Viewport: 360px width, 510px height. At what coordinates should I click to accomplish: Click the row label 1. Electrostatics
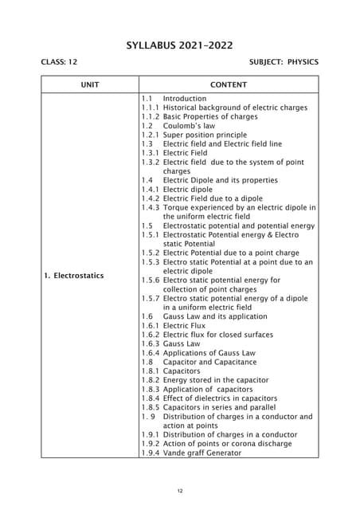[74, 276]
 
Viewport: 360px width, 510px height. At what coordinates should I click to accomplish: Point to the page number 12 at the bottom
[180, 490]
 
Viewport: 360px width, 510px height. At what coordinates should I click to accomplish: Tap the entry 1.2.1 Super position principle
[194, 135]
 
